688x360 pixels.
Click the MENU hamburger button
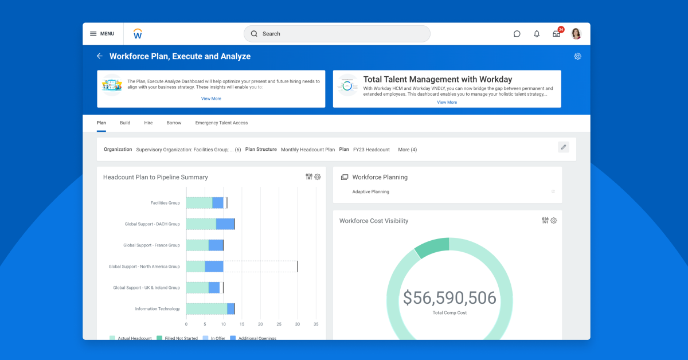point(102,34)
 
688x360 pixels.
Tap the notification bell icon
point(537,34)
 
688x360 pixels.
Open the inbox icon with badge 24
point(556,34)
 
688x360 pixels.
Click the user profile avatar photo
point(576,34)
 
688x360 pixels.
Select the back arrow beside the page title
point(100,56)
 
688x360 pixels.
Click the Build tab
point(125,123)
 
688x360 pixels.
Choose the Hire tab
point(148,123)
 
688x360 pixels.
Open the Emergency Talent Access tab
point(221,123)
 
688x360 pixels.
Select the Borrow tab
point(174,123)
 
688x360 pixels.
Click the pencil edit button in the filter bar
point(564,147)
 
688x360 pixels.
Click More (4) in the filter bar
point(408,150)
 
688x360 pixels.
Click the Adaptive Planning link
point(370,191)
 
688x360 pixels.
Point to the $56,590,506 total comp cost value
point(449,298)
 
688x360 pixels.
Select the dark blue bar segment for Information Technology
point(230,309)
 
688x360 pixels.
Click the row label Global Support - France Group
point(151,245)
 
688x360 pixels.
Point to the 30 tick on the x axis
point(297,324)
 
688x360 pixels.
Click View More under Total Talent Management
point(447,102)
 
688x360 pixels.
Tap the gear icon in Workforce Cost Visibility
point(554,221)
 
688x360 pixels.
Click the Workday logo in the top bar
point(138,34)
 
